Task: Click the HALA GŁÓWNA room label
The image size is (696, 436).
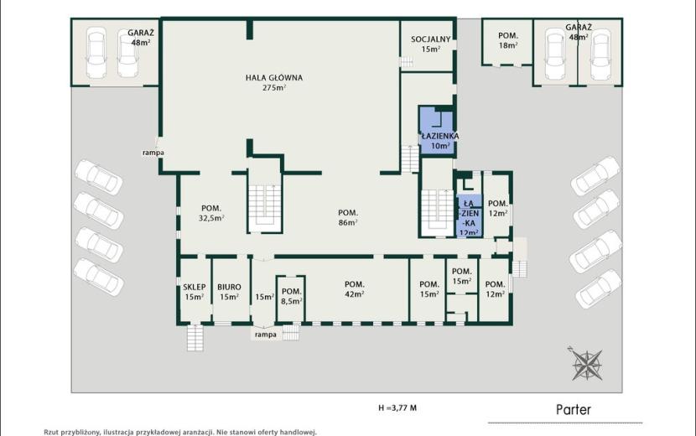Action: (x=274, y=82)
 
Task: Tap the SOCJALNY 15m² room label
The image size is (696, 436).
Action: (x=430, y=44)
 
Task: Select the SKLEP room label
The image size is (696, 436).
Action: (x=195, y=292)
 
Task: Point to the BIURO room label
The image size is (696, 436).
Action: (x=229, y=292)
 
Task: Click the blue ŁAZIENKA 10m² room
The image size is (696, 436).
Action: (x=437, y=131)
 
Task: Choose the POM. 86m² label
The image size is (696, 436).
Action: (x=348, y=217)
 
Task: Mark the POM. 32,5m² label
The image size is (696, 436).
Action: (x=211, y=213)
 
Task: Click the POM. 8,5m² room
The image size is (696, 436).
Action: (x=291, y=298)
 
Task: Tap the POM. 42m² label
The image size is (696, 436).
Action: (x=354, y=288)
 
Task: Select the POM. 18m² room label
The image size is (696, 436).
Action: (x=508, y=40)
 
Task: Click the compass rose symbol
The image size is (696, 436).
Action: (x=586, y=363)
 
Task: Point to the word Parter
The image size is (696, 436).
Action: (x=574, y=409)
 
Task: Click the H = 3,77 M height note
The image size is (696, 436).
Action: (x=397, y=407)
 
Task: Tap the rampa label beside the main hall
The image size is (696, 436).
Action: (x=153, y=153)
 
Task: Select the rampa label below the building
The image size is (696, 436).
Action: (x=266, y=335)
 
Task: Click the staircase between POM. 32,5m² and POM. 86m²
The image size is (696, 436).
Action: (x=264, y=208)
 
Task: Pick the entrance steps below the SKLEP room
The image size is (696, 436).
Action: (x=195, y=338)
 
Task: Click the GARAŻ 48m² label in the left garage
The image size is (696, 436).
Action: (x=140, y=37)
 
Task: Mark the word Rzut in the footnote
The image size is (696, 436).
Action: (x=51, y=432)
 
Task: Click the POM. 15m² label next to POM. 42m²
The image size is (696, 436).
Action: (x=429, y=288)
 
